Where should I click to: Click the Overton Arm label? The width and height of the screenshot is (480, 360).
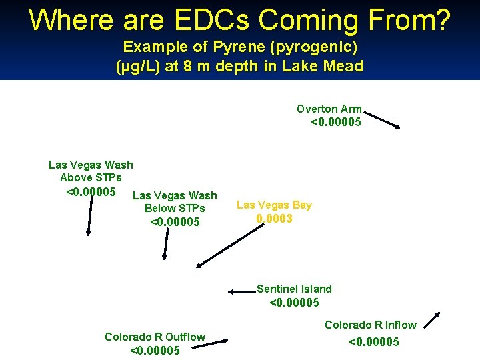[x=329, y=109]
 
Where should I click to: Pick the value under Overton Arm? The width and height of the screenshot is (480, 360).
[x=336, y=121]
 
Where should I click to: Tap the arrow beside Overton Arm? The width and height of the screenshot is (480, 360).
[x=382, y=119]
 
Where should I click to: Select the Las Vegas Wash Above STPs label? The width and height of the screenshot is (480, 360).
[x=91, y=171]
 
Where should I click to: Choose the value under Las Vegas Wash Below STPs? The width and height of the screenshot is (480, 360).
[x=175, y=221]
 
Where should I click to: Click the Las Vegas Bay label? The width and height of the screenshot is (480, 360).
[x=274, y=205]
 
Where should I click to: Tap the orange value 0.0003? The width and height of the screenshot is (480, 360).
[x=274, y=218]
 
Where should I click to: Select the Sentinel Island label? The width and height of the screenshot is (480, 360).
[x=294, y=289]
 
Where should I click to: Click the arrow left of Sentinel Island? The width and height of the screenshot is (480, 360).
[x=241, y=291]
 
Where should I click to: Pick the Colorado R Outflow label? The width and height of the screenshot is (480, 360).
[x=155, y=337]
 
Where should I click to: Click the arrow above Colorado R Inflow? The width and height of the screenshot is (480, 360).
[x=432, y=321]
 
